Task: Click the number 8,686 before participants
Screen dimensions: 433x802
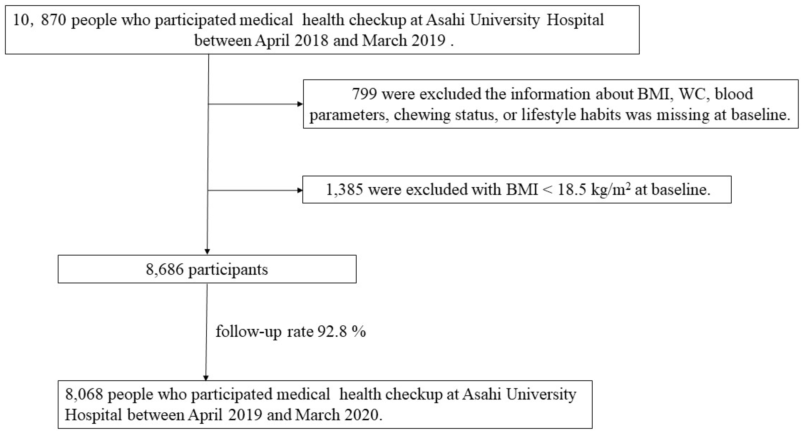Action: click(165, 269)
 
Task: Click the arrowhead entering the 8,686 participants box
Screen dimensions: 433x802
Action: click(207, 252)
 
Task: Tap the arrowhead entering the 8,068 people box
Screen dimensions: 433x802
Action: click(206, 378)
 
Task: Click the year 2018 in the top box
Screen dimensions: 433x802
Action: click(311, 41)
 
